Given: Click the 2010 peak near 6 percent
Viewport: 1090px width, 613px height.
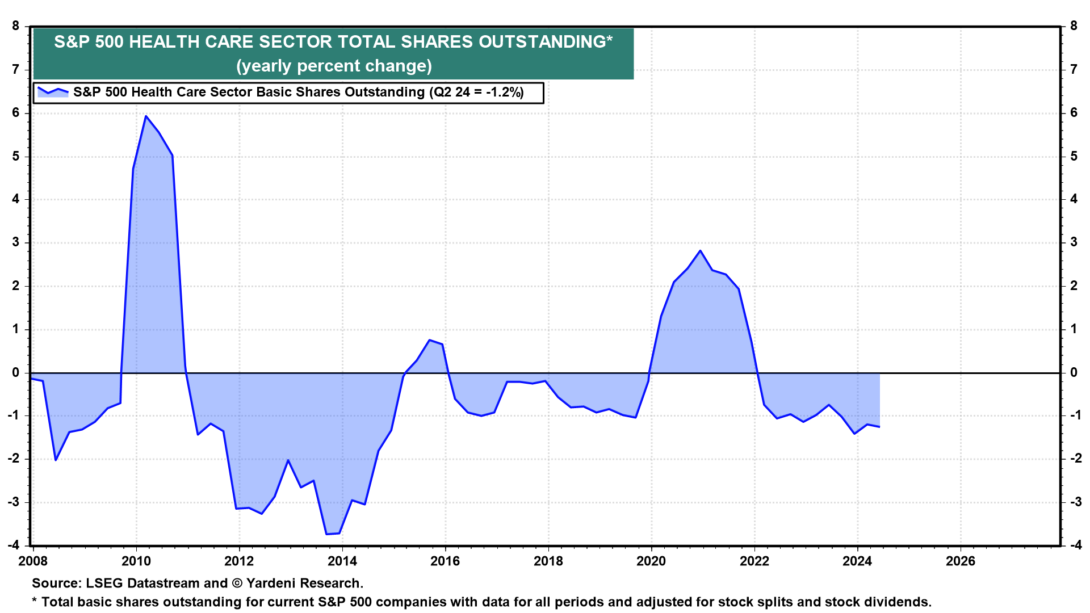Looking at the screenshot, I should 146,116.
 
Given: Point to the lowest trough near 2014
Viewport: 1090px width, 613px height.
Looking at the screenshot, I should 327,534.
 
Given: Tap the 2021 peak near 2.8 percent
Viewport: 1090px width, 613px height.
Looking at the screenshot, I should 700,251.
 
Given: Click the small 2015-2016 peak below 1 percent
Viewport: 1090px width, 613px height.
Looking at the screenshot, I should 430,340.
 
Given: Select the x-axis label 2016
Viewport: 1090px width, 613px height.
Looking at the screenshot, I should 445,561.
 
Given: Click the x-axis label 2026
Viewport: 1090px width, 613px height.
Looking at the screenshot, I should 960,561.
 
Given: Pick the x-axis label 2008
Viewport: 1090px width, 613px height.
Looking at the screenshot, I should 33,561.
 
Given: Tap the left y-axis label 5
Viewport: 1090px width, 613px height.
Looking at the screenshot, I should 16,156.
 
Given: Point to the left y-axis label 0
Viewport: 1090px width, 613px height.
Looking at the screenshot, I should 16,372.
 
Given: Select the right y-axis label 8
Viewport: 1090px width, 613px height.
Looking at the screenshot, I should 1074,26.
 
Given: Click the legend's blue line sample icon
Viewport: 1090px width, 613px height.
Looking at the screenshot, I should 53,91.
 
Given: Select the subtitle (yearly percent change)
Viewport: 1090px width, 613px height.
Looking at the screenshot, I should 334,66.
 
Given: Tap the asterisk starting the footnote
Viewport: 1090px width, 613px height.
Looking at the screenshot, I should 35,601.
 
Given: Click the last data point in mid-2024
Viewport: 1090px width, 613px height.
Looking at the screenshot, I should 879,427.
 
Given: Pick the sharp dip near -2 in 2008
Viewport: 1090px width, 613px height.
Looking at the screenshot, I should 56,460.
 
